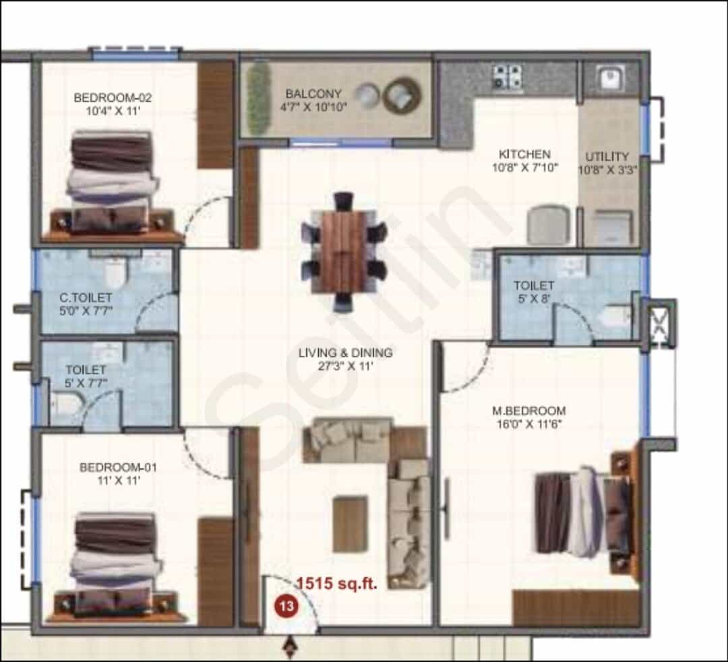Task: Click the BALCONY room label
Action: point(313,94)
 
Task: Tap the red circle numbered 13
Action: point(286,606)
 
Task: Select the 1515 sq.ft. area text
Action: point(336,583)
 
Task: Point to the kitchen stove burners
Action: point(507,77)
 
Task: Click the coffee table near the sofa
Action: point(351,524)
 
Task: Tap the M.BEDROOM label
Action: point(529,411)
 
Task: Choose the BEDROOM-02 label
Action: point(113,98)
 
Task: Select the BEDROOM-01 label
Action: point(118,467)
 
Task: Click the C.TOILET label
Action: point(86,297)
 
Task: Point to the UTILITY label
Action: point(607,156)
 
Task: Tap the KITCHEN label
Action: point(524,154)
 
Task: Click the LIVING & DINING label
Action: point(345,353)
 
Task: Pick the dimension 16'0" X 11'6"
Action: point(529,424)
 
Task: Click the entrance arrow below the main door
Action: point(290,646)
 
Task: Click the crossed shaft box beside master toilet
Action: point(659,323)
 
